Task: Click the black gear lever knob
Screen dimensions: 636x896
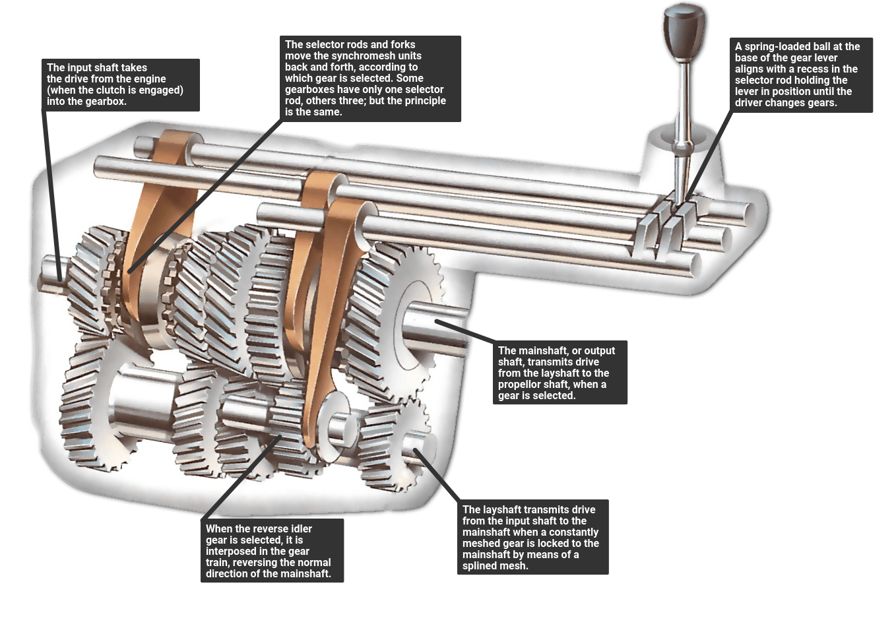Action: [x=683, y=30]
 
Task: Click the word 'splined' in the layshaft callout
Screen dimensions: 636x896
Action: [x=479, y=566]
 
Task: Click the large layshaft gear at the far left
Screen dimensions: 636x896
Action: [x=86, y=409]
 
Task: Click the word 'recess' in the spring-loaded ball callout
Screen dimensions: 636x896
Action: [x=813, y=69]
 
